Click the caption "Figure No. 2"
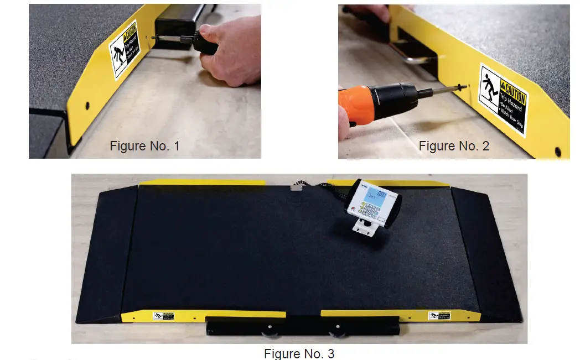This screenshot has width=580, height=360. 454,146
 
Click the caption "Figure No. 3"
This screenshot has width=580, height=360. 299,353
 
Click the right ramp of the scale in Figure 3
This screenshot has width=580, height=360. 484,249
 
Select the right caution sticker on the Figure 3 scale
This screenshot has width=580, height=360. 439,315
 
